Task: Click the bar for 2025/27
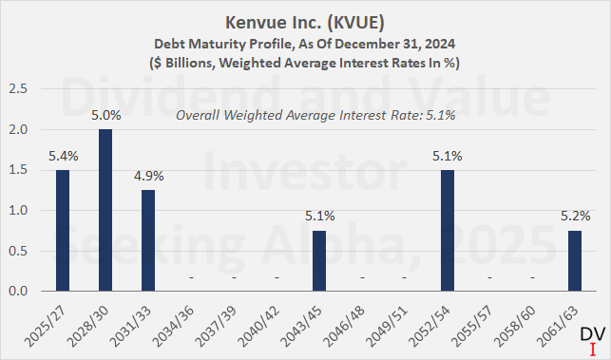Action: pyautogui.click(x=63, y=231)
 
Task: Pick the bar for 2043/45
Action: pyautogui.click(x=318, y=260)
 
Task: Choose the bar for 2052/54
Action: pyautogui.click(x=447, y=231)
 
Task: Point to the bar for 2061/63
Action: pyautogui.click(x=575, y=260)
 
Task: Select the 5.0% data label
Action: pyautogui.click(x=105, y=117)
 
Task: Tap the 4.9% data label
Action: pyautogui.click(x=147, y=177)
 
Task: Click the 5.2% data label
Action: pyautogui.click(x=575, y=217)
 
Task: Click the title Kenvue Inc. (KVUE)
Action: pyautogui.click(x=304, y=21)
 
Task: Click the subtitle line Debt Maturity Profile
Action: pyautogui.click(x=304, y=43)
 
